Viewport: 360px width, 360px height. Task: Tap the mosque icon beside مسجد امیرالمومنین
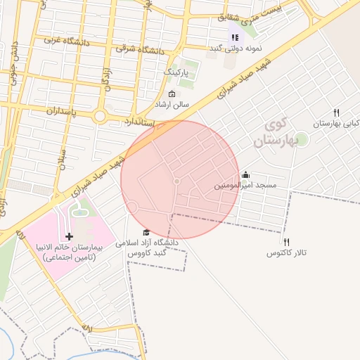click(x=245, y=175)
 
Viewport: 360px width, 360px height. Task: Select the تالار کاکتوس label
click(x=287, y=252)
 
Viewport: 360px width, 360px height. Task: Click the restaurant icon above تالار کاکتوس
click(x=286, y=242)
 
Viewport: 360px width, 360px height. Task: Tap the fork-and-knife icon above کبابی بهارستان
click(x=336, y=112)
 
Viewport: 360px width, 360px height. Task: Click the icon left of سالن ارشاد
click(x=172, y=94)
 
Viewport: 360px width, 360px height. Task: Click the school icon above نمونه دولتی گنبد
click(x=235, y=37)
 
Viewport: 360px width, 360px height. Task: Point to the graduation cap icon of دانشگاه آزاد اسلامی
click(x=146, y=233)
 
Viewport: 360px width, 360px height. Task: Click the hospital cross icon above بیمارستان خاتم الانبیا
click(x=69, y=237)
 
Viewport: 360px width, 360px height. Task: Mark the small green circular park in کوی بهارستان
click(x=301, y=139)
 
